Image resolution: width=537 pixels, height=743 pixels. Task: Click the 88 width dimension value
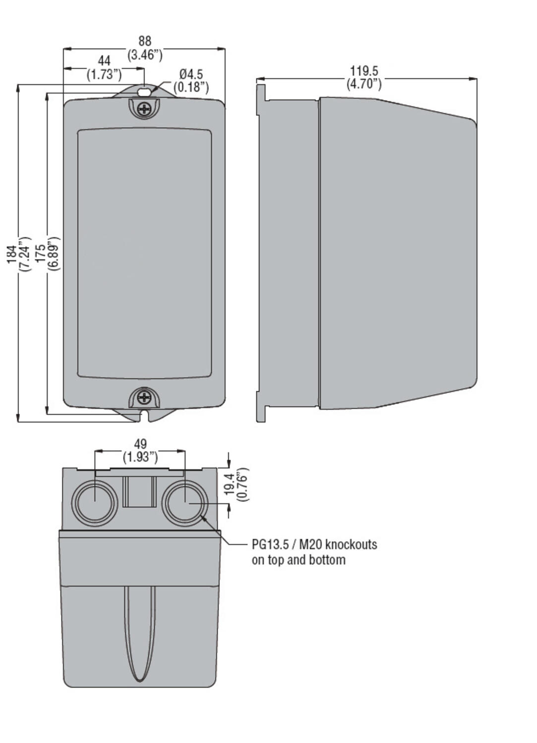[144, 41]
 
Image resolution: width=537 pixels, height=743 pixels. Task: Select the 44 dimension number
[104, 61]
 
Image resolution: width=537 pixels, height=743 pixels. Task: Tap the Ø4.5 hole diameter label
[191, 74]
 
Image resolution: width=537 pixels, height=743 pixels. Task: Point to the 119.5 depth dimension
[364, 71]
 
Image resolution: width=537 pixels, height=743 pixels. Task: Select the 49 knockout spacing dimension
[140, 444]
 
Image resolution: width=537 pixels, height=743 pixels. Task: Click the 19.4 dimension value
[229, 484]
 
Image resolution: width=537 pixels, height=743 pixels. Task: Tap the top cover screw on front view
[144, 109]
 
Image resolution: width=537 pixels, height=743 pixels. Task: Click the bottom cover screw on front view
[144, 397]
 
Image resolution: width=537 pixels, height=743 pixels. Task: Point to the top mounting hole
[144, 92]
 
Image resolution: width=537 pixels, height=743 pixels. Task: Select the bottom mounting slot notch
[144, 415]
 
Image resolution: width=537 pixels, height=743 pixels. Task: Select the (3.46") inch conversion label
[144, 54]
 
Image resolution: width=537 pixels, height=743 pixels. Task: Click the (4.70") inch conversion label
[364, 84]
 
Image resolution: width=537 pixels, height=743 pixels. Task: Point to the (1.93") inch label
[140, 457]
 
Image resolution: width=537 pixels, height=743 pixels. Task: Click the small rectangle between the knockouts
[139, 491]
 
